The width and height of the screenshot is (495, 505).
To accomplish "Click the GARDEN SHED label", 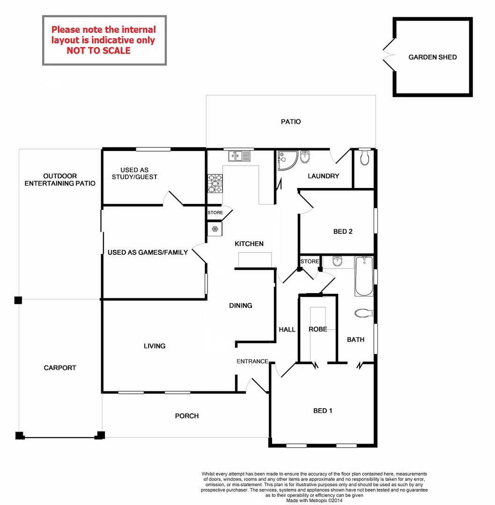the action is (x=432, y=58).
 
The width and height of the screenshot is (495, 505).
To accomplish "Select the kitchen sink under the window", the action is (x=238, y=155).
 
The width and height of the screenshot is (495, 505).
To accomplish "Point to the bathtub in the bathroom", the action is (x=363, y=276).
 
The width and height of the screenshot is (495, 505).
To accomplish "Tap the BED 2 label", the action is (x=343, y=231).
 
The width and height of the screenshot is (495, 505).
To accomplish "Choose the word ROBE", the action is (x=318, y=329).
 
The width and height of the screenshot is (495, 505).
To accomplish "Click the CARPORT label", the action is (x=60, y=368).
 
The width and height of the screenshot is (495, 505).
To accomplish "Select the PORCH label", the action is (x=187, y=416).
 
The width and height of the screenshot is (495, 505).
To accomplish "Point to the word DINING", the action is (x=241, y=305).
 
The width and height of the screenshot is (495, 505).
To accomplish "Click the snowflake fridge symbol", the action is (x=215, y=229).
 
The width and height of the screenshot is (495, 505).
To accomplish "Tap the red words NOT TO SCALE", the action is (x=98, y=50).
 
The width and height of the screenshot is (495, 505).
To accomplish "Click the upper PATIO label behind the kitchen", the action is (x=291, y=122).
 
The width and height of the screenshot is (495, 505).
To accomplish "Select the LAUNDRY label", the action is (x=323, y=176).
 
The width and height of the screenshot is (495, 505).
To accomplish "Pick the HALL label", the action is (x=287, y=330).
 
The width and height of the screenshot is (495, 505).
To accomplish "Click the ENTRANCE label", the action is (x=252, y=361).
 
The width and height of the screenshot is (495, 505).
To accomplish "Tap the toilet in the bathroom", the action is (x=363, y=312).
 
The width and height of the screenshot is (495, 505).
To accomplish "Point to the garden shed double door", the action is (x=388, y=57).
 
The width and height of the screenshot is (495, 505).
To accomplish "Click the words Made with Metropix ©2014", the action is (x=314, y=500).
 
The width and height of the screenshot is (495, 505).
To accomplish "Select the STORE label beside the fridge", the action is (x=215, y=213).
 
